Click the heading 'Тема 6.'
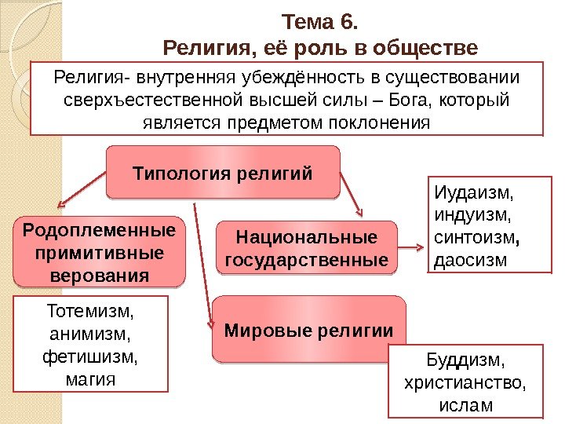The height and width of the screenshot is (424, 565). (319, 20)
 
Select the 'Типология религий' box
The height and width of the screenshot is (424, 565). (222, 171)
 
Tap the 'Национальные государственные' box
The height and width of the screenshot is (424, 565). (307, 248)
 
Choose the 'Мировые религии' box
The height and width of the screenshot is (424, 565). (308, 330)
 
